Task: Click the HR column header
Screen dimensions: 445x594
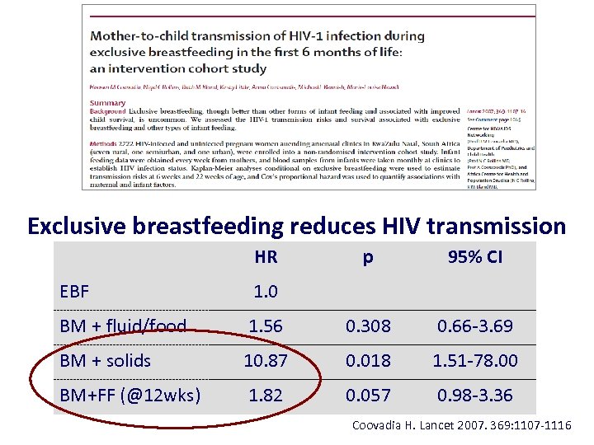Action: [x=266, y=257]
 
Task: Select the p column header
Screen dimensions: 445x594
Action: [x=368, y=257]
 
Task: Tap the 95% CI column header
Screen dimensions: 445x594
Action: [x=475, y=257]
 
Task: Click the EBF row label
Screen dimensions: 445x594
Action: [x=75, y=291]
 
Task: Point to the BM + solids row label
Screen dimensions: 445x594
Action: [x=106, y=360]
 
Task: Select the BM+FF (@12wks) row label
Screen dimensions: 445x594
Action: [x=130, y=395]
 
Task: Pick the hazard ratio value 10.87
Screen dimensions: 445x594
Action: [x=266, y=360]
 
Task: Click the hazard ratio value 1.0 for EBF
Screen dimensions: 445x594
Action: [x=266, y=291]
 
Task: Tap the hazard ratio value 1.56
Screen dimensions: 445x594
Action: [x=266, y=326]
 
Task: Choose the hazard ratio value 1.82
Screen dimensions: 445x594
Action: [x=266, y=395]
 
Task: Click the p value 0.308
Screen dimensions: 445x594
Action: [x=368, y=326]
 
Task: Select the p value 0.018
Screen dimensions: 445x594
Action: [x=368, y=360]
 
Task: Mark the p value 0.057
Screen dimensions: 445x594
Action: [x=368, y=395]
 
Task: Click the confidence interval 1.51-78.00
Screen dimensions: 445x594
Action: [x=475, y=360]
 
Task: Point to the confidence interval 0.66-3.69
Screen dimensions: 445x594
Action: [x=475, y=326]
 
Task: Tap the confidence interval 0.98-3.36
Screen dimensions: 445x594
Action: [x=475, y=395]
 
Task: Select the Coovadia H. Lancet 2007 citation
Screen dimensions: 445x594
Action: [x=461, y=426]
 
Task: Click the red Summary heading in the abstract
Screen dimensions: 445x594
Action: [x=108, y=103]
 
